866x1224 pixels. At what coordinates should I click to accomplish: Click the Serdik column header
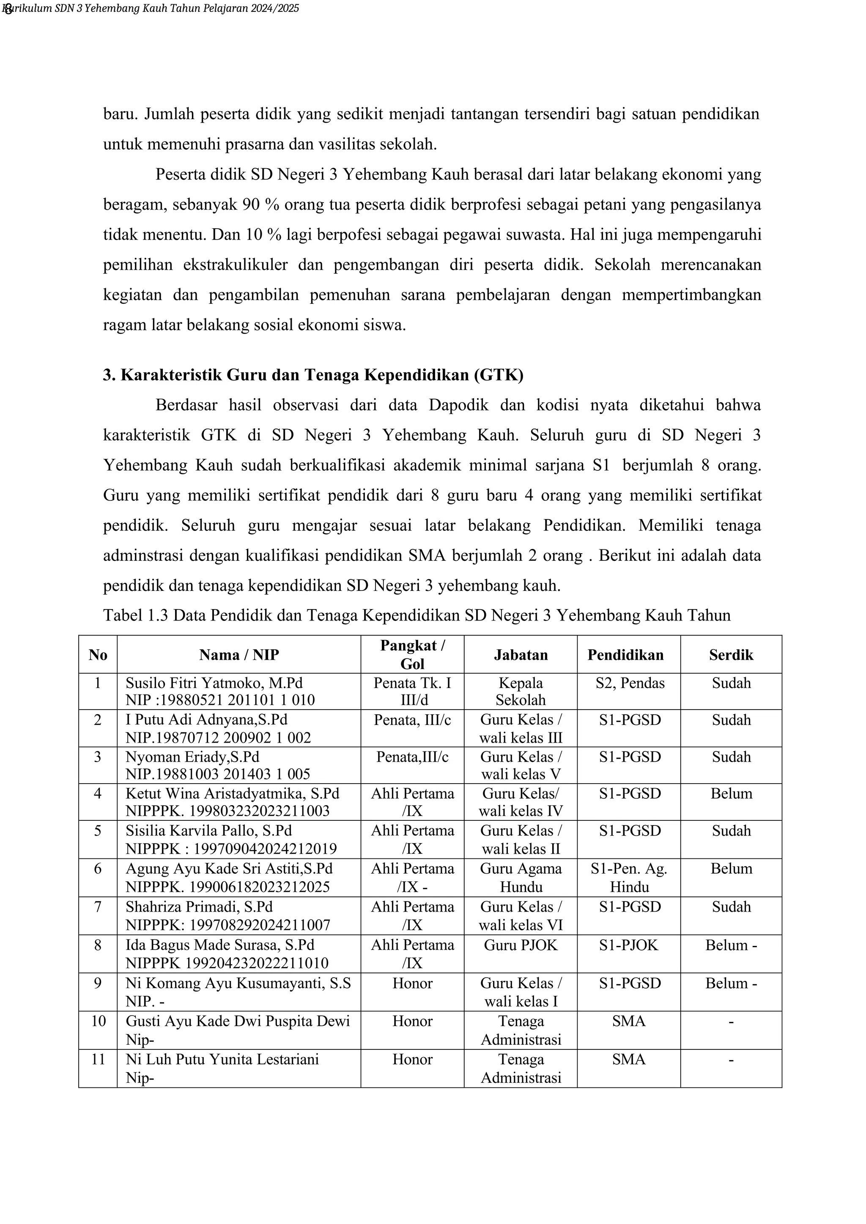(x=731, y=655)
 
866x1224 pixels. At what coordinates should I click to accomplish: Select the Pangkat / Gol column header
(x=412, y=654)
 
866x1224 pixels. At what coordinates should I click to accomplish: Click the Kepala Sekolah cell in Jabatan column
(x=521, y=691)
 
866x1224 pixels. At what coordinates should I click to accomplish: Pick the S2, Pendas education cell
(x=630, y=683)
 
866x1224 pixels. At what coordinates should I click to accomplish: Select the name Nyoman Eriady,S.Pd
(x=192, y=757)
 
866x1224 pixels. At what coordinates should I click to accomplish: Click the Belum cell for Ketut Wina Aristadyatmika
(x=731, y=793)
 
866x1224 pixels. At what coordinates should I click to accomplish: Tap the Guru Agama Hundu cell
(x=521, y=877)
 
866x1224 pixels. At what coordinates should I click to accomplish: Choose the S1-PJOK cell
(x=628, y=945)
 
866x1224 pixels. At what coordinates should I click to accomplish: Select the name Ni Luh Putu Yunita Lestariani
(x=222, y=1059)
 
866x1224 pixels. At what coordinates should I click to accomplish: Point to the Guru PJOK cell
(x=521, y=945)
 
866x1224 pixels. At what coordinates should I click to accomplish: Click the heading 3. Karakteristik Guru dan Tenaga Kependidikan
(x=313, y=375)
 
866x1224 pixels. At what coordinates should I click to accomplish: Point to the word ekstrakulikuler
(x=235, y=265)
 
